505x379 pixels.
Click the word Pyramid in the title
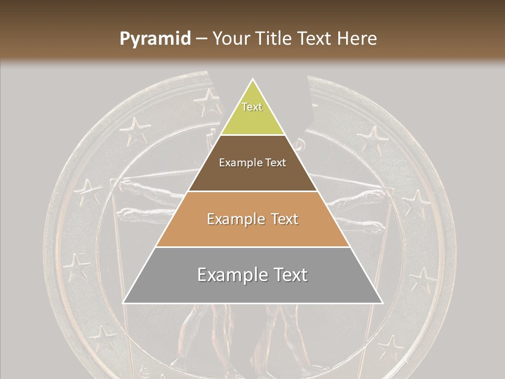(x=155, y=38)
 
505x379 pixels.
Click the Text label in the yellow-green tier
(x=252, y=107)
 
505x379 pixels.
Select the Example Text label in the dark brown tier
(x=252, y=163)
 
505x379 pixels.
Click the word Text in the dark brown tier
(x=276, y=163)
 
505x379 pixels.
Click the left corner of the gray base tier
(x=124, y=302)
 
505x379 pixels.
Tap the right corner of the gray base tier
(x=381, y=302)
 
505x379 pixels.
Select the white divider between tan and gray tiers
(x=252, y=247)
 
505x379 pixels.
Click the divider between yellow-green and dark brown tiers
(x=252, y=135)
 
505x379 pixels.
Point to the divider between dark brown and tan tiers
(x=252, y=191)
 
